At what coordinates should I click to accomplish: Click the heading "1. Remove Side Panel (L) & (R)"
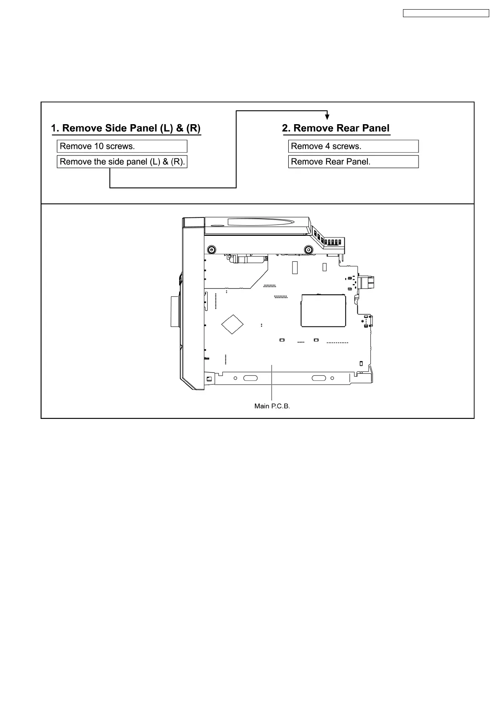126,128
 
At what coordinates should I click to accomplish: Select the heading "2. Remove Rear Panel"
336,128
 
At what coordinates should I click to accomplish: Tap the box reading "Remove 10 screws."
122,146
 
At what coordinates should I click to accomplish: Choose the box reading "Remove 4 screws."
353,146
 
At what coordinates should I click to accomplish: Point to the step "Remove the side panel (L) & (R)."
122,162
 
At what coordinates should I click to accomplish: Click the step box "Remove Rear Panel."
353,162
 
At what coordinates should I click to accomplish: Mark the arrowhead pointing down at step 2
327,117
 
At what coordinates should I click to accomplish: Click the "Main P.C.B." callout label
272,406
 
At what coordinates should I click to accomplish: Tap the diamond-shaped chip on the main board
232,324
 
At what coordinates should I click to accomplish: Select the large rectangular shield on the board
323,310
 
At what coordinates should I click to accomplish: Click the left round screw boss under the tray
212,250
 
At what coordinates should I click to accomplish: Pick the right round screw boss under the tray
308,250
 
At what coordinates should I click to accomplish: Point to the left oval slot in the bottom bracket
250,378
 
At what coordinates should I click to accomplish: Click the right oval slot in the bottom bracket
319,378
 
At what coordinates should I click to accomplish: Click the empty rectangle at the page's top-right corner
446,13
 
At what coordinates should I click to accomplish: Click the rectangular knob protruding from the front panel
174,311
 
